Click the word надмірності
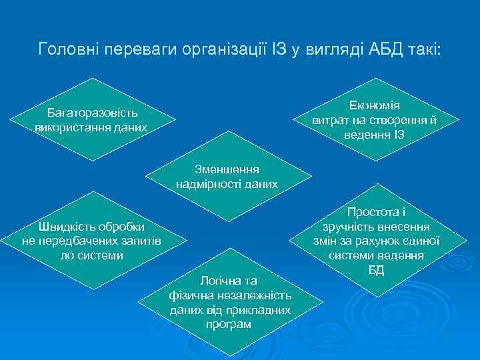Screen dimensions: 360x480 pyautogui.click(x=208, y=184)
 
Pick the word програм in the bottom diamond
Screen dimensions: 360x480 pyautogui.click(x=229, y=325)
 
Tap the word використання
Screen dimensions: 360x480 pyautogui.click(x=70, y=127)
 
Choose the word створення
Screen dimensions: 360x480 pyautogui.click(x=394, y=121)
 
